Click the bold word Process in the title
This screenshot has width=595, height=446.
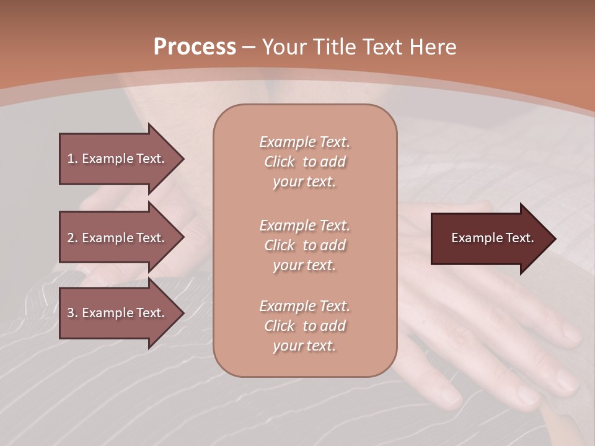[x=195, y=47]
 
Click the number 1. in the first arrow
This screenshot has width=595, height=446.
[x=73, y=159]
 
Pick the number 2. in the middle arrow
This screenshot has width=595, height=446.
[x=73, y=238]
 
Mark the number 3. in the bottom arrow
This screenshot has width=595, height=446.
[x=73, y=313]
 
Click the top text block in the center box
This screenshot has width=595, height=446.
[x=304, y=162]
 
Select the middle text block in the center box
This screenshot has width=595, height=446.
[x=304, y=245]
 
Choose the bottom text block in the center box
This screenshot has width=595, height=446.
[x=304, y=326]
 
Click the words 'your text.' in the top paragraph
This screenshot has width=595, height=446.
[x=304, y=182]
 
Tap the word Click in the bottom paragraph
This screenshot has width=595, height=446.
[x=279, y=326]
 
